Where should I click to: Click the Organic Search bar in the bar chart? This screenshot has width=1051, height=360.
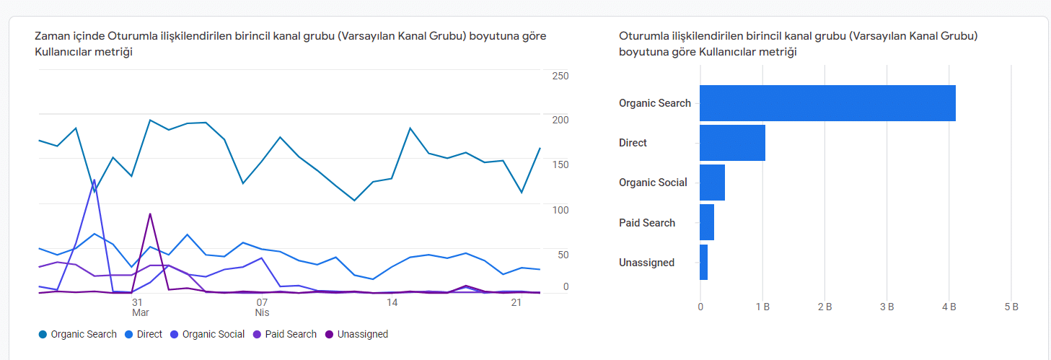[x=827, y=103]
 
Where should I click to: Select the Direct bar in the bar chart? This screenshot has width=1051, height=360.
[x=732, y=143]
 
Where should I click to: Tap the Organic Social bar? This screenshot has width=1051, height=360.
[x=712, y=183]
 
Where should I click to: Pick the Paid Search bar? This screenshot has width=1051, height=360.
[x=707, y=222]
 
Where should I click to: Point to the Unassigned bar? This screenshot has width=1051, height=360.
[x=704, y=263]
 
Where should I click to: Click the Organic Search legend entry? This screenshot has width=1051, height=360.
[x=78, y=334]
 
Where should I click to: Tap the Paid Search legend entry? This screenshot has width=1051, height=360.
[x=285, y=334]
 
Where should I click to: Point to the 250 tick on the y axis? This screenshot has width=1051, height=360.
[x=560, y=76]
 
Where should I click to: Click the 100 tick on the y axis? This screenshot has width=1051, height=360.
[x=560, y=210]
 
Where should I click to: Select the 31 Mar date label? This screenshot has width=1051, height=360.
[x=140, y=307]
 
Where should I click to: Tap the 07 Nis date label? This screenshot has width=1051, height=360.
[x=262, y=307]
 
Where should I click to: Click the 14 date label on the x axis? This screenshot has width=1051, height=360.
[x=392, y=302]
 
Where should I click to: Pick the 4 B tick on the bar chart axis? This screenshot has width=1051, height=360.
[x=949, y=307]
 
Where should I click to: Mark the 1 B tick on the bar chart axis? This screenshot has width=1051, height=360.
[x=763, y=307]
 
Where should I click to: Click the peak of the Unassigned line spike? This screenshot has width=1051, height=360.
[x=149, y=214]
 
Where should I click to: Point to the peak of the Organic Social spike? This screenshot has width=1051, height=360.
[x=94, y=180]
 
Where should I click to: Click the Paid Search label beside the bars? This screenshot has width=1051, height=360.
[x=647, y=223]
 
